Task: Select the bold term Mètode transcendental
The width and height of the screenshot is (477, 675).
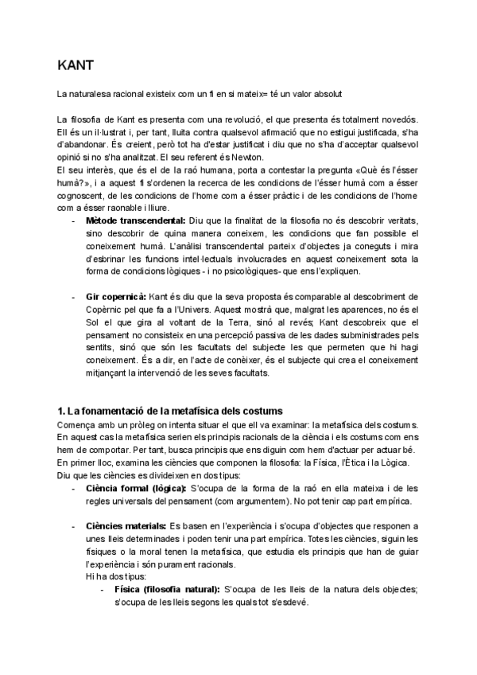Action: coord(136,220)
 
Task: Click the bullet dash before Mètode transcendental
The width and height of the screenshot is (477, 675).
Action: coord(75,220)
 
